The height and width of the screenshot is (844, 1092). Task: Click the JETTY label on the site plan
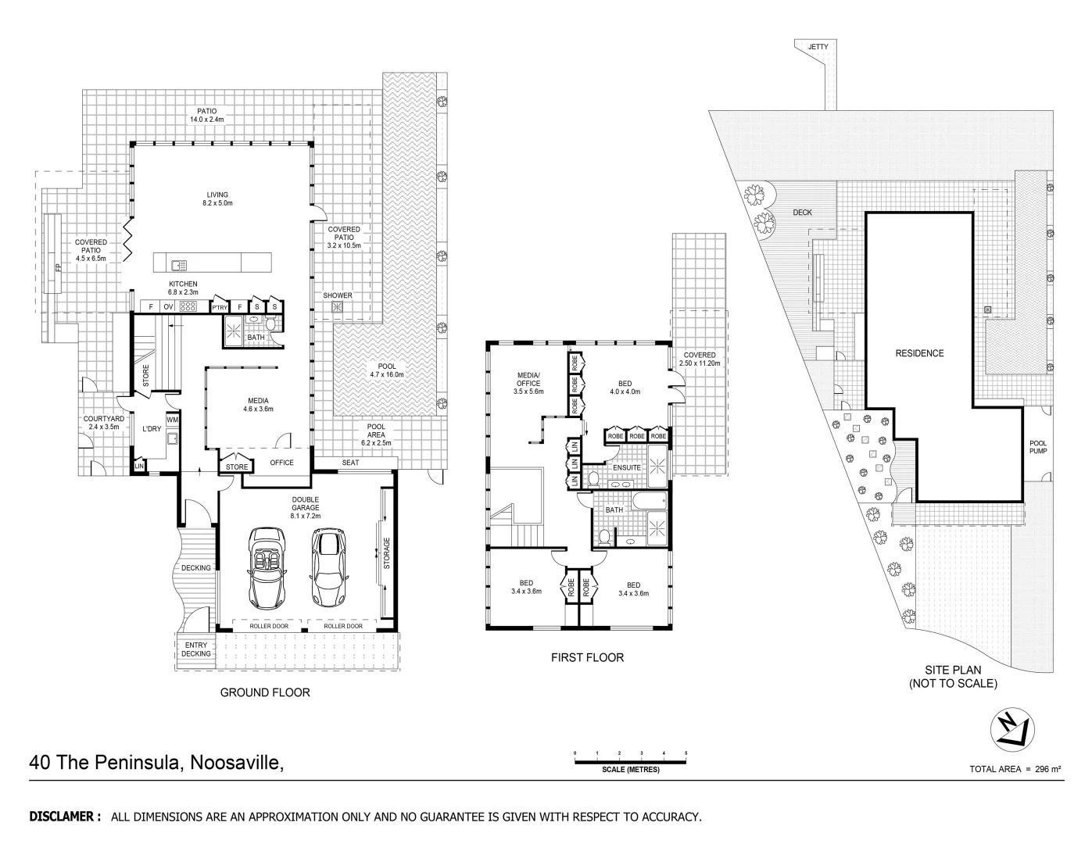[818, 47]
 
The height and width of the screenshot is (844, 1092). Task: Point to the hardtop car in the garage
[328, 568]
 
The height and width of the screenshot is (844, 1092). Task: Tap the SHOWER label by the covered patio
[338, 295]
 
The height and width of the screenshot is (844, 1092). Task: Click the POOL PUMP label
[1038, 447]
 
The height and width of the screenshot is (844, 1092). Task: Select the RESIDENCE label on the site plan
[919, 353]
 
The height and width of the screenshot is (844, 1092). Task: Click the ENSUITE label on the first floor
[627, 467]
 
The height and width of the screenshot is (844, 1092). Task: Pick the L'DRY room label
[151, 428]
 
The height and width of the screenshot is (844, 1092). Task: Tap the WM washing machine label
[172, 420]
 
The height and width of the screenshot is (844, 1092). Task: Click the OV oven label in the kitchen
[168, 307]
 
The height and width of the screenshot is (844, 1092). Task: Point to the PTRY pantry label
[220, 308]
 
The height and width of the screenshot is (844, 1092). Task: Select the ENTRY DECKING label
[195, 649]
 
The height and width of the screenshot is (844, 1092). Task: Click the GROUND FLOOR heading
[265, 692]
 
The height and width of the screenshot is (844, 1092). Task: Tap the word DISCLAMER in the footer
[65, 817]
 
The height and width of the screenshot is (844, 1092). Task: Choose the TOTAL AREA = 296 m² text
[1015, 769]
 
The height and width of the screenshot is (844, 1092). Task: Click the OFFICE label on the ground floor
[281, 463]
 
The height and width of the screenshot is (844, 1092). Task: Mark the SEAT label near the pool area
[351, 463]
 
